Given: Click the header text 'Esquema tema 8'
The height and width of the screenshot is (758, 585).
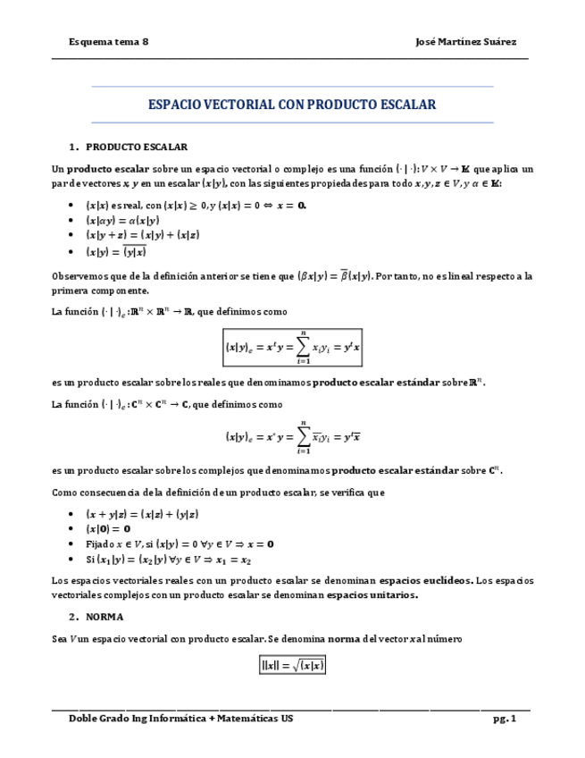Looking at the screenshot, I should tap(109, 42).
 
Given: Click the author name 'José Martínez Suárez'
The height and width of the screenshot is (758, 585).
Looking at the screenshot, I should tap(466, 42).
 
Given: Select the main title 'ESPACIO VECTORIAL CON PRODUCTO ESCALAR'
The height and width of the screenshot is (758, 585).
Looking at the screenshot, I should tap(292, 105).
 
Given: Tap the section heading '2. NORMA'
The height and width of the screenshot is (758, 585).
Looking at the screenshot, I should tap(102, 617).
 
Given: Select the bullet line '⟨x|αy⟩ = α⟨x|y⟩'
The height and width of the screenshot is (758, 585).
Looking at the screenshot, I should tap(122, 220).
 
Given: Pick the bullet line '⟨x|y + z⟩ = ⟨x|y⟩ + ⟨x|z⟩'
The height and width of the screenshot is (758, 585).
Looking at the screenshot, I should tap(142, 235).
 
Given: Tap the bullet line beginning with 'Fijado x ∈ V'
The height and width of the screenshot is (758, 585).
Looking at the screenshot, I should tap(180, 543).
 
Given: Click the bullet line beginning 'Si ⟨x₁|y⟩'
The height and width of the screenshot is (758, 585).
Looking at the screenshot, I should tap(175, 559).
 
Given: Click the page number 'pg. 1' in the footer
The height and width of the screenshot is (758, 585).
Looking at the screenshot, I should tap(504, 719).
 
